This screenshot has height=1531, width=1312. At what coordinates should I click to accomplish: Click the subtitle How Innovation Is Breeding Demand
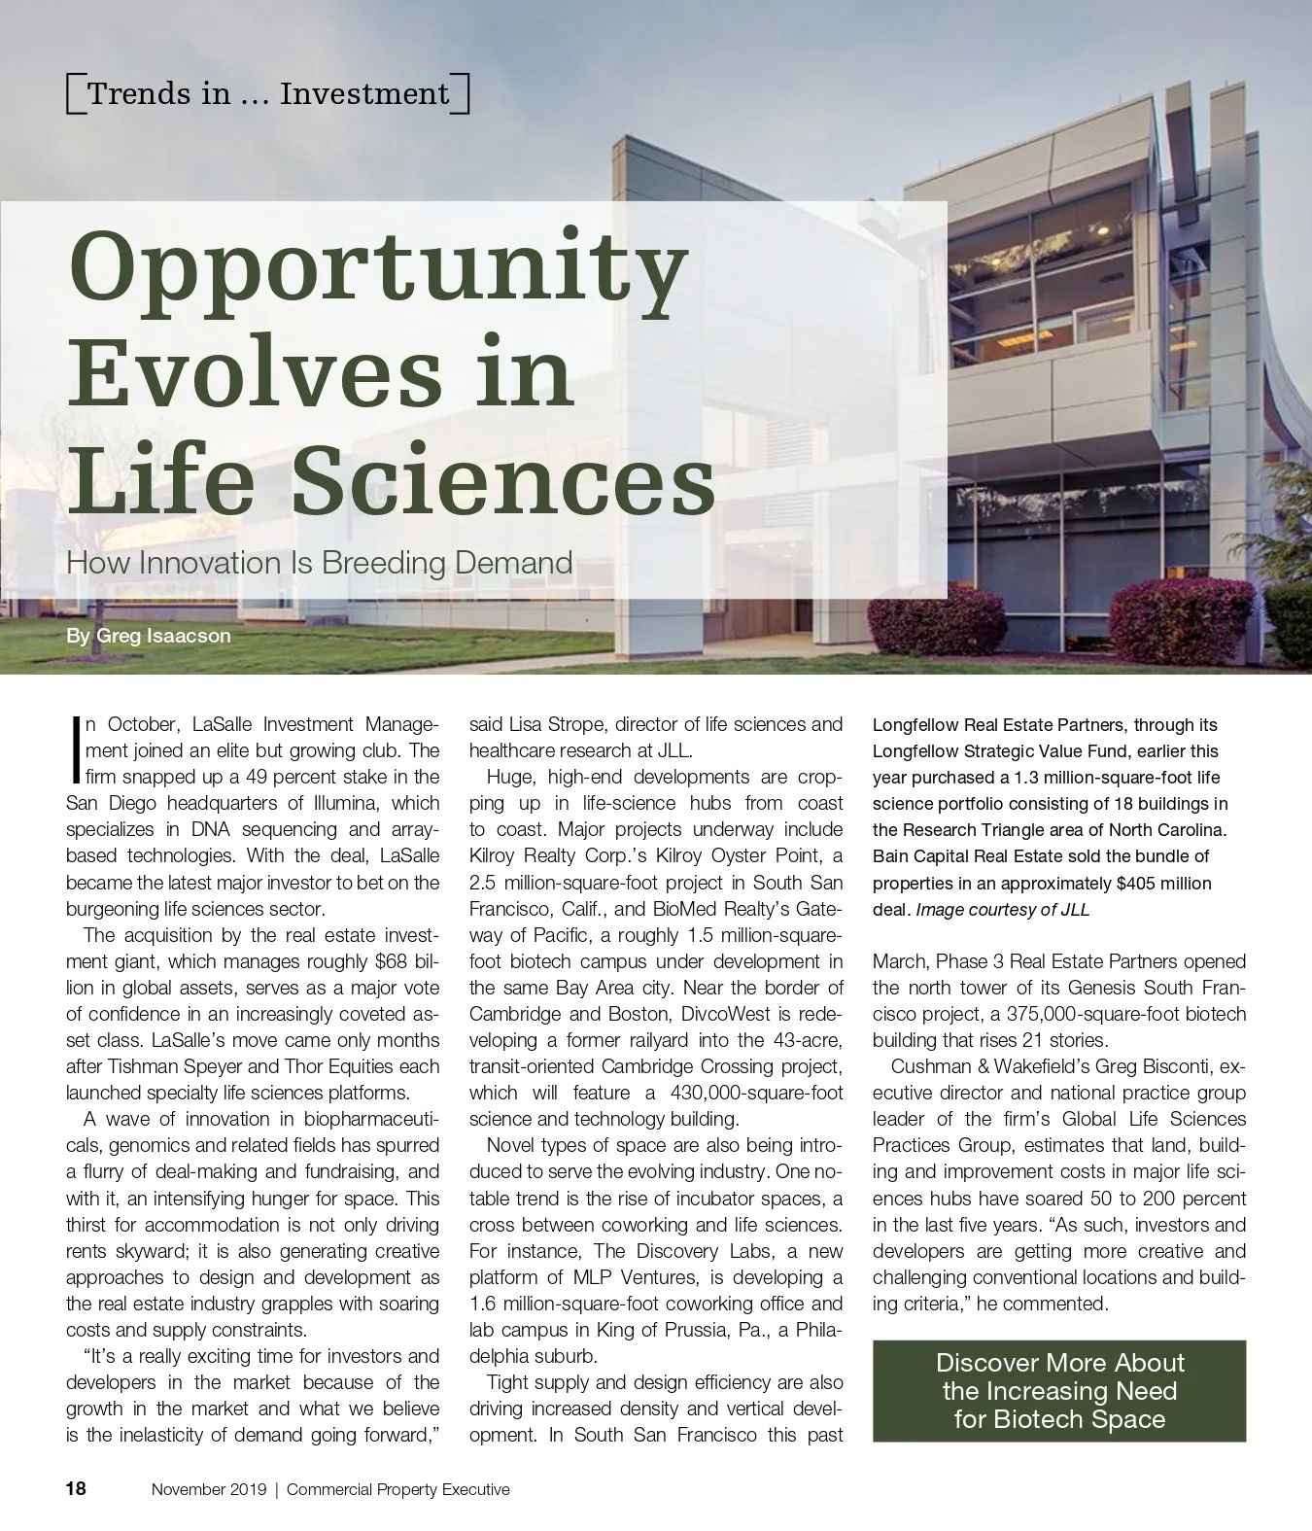[319, 563]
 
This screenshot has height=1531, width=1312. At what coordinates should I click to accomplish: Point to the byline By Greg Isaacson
[149, 636]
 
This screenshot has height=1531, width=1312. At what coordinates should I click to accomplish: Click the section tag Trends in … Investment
[268, 94]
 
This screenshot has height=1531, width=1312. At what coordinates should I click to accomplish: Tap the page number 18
[76, 1488]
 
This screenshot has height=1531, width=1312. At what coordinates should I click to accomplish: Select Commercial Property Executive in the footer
[398, 1489]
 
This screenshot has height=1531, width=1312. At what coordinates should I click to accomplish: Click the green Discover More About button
[1058, 1390]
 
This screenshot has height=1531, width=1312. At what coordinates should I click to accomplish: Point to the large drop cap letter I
[75, 750]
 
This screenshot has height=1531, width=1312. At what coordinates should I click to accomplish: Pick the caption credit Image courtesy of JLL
[1003, 910]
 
